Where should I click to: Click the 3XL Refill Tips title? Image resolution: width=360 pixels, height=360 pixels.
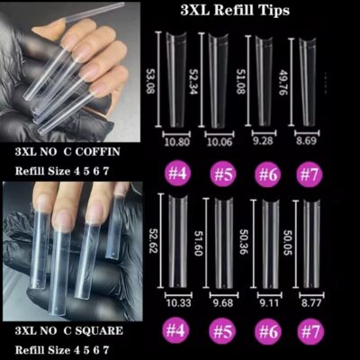pos(235,11)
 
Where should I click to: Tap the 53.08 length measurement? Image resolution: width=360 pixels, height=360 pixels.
pos(150,80)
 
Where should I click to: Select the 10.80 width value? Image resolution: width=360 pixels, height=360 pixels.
pos(177,141)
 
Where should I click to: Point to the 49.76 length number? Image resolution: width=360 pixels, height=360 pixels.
pos(283,82)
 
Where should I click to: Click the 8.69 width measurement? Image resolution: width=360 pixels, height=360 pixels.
pos(306,140)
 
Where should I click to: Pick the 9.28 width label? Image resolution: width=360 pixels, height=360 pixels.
pos(263,140)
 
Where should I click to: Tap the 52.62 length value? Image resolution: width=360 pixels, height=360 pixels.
pos(153,239)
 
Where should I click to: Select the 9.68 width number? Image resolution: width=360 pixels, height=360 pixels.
pos(223,302)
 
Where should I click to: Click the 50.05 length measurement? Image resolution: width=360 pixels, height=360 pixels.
pos(287,243)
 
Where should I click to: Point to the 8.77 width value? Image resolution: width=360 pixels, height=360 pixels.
pos(311,302)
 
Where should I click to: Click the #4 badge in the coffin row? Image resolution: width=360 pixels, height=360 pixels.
pos(177,174)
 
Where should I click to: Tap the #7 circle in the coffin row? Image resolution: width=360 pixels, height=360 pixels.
pos(310,175)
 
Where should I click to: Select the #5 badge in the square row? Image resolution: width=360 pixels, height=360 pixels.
pos(223,331)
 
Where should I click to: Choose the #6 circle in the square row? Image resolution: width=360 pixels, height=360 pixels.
pos(268,331)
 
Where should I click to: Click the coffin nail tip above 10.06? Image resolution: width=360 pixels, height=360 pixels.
pos(219,80)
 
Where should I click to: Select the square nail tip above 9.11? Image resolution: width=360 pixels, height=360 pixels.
pos(271,244)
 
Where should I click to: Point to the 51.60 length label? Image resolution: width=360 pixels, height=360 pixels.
pos(199,243)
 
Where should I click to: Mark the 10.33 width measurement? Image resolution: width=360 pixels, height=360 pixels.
pos(178,302)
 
